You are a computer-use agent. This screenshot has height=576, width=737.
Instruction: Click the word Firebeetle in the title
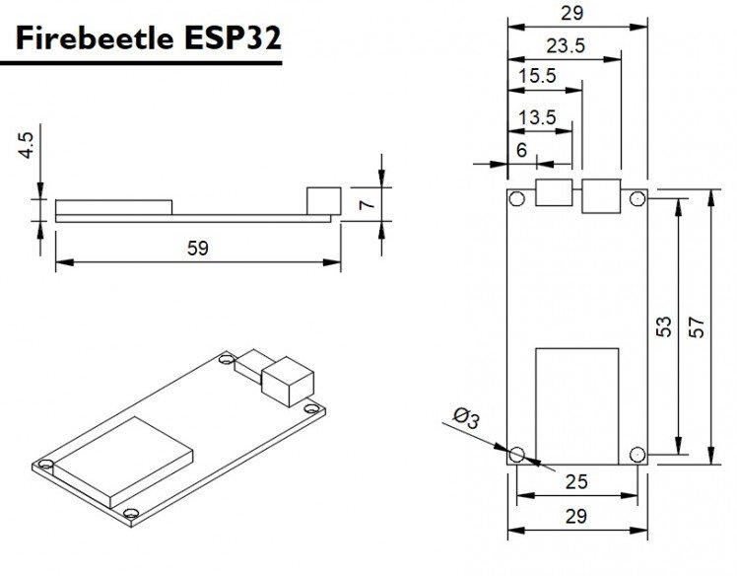95,38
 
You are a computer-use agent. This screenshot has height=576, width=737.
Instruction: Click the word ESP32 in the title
233,38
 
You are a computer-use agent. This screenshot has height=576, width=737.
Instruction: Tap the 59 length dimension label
197,248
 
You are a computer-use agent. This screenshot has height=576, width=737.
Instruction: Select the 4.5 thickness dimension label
27,145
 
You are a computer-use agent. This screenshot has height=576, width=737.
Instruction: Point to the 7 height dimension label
368,204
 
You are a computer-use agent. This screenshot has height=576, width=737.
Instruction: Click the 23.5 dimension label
566,46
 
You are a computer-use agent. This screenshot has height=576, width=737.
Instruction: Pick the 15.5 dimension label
537,75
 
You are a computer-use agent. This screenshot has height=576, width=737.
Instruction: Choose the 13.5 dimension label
537,117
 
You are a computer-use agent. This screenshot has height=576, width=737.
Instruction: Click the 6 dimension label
522,150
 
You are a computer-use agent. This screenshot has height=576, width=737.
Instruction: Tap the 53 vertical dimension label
664,326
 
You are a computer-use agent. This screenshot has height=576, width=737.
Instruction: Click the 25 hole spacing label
576,482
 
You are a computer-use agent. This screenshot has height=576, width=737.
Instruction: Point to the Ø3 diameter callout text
466,418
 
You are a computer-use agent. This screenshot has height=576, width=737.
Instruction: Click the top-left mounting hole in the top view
516,198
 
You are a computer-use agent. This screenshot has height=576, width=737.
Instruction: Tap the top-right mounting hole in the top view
637,198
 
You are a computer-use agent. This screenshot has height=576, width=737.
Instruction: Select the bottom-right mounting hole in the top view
637,455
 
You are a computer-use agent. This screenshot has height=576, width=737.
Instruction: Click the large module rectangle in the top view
577,406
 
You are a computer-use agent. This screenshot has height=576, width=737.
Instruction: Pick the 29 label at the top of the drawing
572,13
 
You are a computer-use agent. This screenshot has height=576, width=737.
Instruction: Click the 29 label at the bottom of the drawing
576,516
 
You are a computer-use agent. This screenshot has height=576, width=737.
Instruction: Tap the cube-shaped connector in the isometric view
288,382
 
